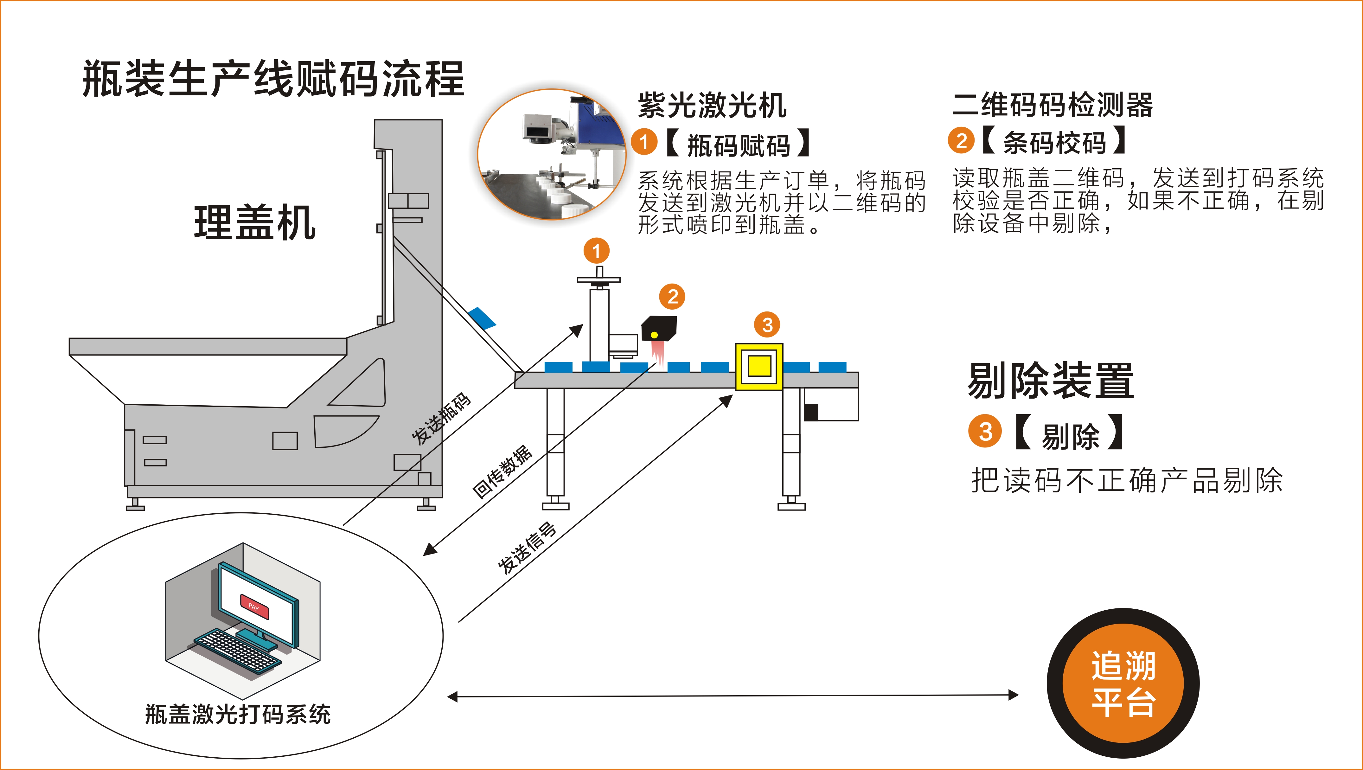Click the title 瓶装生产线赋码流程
coord(273,80)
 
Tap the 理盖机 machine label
coord(254,223)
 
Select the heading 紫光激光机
coord(712,105)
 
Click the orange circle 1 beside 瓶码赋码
coord(644,142)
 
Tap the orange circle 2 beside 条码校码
coord(961,141)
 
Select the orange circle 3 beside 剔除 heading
coord(985,432)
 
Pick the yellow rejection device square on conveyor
coord(759,366)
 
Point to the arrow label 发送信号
coord(527,548)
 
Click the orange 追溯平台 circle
coord(1123,683)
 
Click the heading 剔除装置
coord(1050,381)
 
